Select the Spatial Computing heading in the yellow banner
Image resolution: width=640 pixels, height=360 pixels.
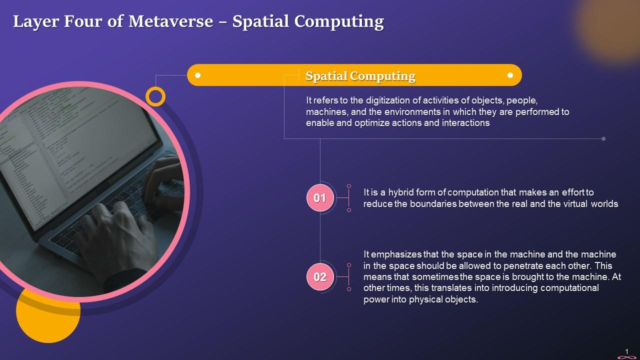pyautogui.click(x=360, y=76)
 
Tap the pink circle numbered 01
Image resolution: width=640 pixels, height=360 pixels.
pyautogui.click(x=319, y=198)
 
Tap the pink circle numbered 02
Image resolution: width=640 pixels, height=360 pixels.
pyautogui.click(x=319, y=277)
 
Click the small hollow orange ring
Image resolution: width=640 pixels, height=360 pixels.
pyautogui.click(x=155, y=96)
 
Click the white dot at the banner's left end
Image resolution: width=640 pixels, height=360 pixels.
pyautogui.click(x=198, y=75)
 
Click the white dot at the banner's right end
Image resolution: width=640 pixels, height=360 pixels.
pyautogui.click(x=510, y=75)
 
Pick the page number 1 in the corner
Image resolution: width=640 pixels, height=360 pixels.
pyautogui.click(x=627, y=351)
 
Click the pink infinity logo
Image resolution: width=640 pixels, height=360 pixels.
pyautogui.click(x=626, y=357)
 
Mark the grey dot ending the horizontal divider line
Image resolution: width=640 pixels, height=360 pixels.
pyautogui.click(x=603, y=138)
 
